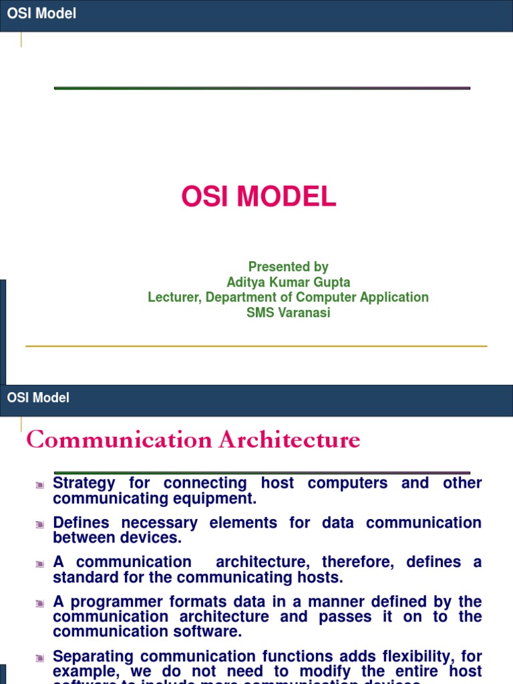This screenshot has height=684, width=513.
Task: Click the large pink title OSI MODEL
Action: (259, 197)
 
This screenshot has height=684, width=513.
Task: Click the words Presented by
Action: (288, 267)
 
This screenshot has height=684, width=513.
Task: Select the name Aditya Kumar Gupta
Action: (288, 282)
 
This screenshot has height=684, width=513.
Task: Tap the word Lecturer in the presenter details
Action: (174, 297)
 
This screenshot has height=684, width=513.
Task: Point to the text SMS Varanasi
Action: (288, 313)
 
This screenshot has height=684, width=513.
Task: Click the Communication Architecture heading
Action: (193, 440)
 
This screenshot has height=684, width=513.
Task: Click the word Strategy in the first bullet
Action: (83, 483)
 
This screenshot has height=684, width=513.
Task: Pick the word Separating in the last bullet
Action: (94, 656)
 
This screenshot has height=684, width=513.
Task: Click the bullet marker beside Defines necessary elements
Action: (40, 525)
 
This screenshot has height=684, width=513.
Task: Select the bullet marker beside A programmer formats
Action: (40, 604)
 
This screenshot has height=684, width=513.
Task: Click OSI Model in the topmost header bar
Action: (41, 14)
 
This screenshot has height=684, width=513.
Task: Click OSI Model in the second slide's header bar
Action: (38, 398)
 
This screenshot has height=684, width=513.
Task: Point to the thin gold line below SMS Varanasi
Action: (256, 346)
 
